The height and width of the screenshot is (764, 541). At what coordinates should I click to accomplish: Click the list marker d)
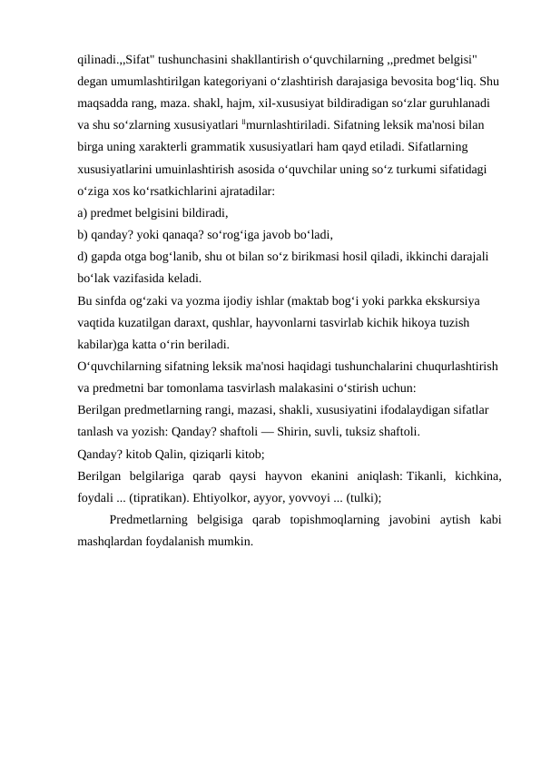[x=83, y=257]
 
